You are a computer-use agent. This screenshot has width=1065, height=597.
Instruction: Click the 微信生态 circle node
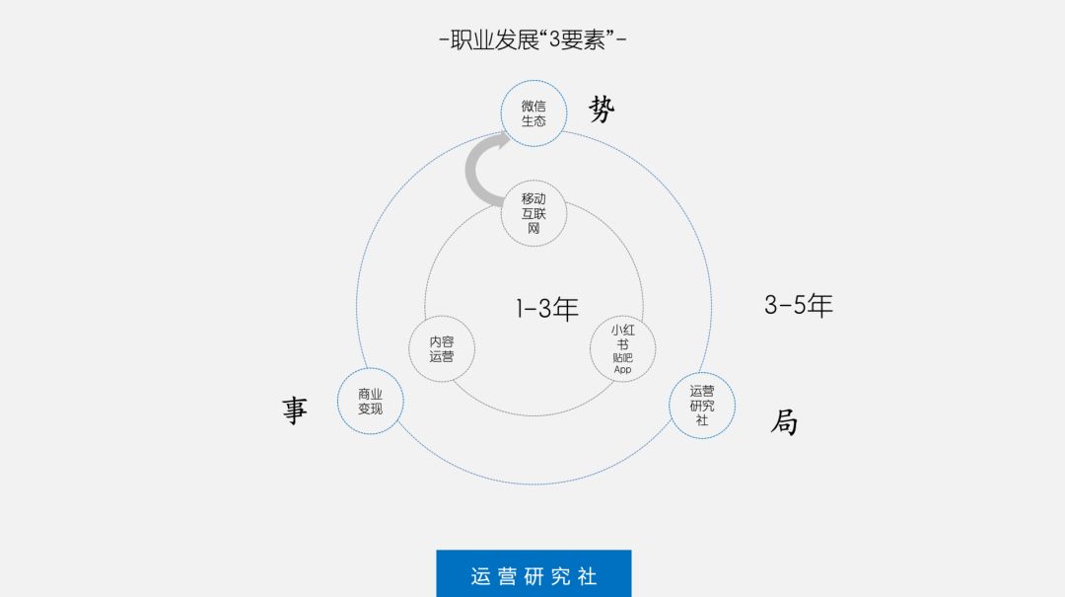(x=533, y=113)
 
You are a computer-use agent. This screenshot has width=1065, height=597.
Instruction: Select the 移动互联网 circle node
(x=533, y=213)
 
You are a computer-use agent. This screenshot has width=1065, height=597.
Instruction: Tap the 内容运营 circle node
(x=442, y=348)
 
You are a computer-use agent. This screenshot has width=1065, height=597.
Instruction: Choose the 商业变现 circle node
(x=370, y=401)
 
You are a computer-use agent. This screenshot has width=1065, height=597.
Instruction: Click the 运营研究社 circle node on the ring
(x=702, y=405)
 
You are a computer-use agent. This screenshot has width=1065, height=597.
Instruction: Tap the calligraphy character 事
(x=295, y=410)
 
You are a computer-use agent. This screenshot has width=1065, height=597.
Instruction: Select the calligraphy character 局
(x=784, y=422)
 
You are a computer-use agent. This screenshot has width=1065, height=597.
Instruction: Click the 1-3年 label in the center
(x=546, y=309)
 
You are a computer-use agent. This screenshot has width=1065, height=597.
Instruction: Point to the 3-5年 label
(x=798, y=305)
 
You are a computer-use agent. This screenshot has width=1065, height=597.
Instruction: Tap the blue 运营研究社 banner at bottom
(x=533, y=574)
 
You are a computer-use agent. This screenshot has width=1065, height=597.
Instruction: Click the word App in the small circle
(x=622, y=370)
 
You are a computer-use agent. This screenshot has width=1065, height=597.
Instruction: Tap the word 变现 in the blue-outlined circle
(x=370, y=409)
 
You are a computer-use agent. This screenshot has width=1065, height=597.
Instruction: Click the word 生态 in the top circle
(x=533, y=121)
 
